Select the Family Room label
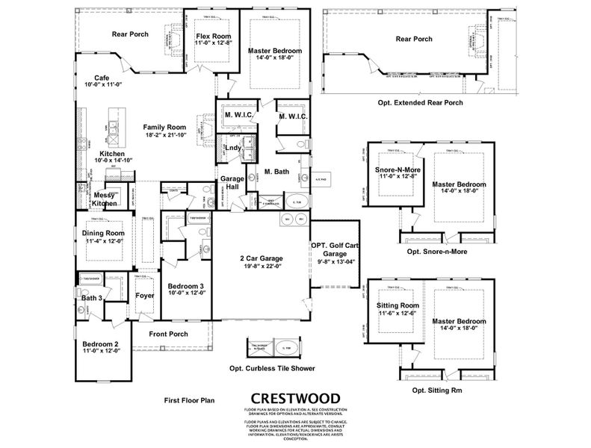(x=165, y=127)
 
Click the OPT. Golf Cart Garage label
(x=335, y=249)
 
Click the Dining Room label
(x=104, y=233)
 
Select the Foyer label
(x=145, y=296)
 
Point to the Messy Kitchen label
(x=105, y=199)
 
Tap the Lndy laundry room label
(x=232, y=147)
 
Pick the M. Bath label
(x=277, y=172)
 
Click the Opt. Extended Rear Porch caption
(x=419, y=102)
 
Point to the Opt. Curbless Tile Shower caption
(x=272, y=368)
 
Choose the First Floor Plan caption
(x=189, y=400)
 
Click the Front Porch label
(x=168, y=334)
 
